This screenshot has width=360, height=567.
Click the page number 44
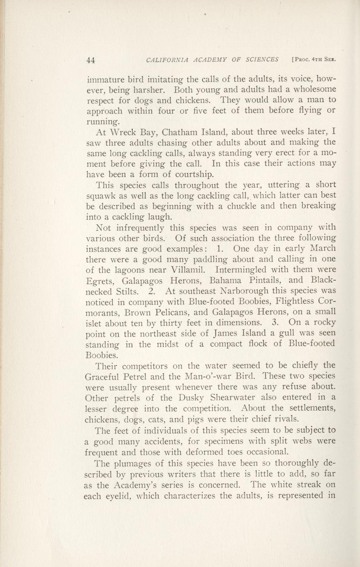pos(91,60)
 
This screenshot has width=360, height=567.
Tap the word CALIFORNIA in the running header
pos(166,60)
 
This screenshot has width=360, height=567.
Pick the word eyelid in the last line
pos(118,496)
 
